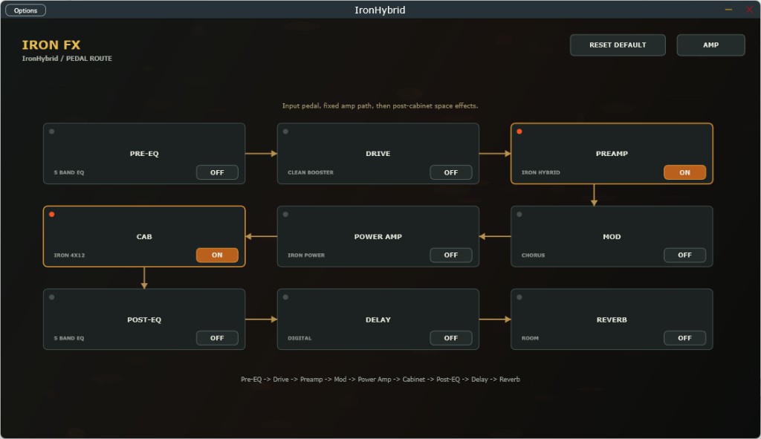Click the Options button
[x=26, y=10]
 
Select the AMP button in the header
[x=710, y=45]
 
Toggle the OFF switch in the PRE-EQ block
[x=217, y=172]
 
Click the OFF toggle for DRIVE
[x=451, y=172]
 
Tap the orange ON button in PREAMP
[x=684, y=172]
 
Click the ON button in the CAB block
[x=217, y=255]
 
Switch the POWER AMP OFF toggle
[x=451, y=255]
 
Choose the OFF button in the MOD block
[x=684, y=255]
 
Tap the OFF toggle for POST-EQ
[x=217, y=338]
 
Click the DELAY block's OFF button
[x=451, y=338]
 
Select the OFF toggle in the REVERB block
[x=684, y=338]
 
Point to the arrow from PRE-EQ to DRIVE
[x=261, y=154]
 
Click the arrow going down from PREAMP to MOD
[x=594, y=195]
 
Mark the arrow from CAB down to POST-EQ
[x=144, y=278]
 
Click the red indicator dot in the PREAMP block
[x=519, y=131]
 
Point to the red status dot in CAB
[x=52, y=215]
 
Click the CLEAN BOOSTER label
[x=311, y=172]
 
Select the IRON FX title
[x=51, y=45]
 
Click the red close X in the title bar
[x=749, y=10]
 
